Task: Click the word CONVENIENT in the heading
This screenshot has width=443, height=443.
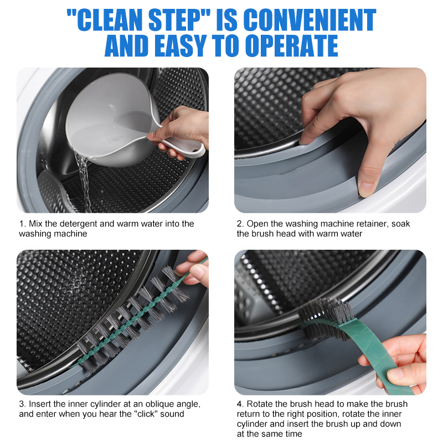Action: pos(310,20)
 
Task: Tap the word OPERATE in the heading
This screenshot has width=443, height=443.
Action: pos(291,46)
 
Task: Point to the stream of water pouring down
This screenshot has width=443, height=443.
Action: pos(84,181)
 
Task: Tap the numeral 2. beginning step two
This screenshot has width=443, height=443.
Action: pos(240,224)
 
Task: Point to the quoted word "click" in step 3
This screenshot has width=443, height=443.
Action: pos(146,414)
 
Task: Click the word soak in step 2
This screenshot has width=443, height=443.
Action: pos(400,224)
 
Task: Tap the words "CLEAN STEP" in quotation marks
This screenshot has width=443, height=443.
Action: pos(139,20)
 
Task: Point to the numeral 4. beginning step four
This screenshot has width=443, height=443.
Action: pos(240,404)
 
